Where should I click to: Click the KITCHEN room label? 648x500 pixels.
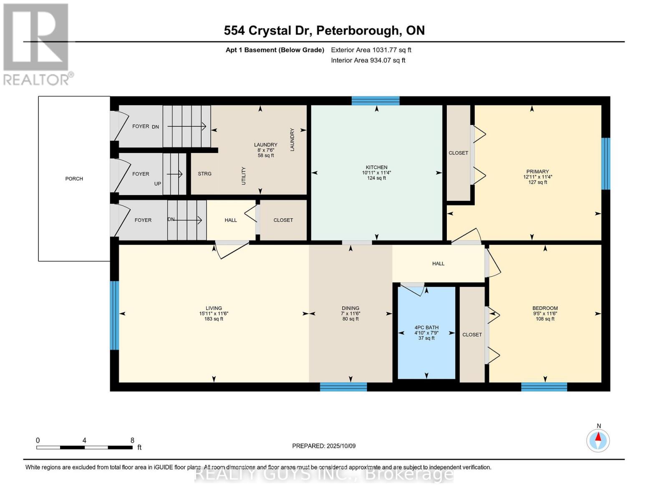coord(376,167)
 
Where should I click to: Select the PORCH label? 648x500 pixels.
coord(74,179)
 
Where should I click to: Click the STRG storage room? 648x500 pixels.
coord(204,174)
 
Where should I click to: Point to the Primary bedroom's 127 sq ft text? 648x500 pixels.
coord(537,182)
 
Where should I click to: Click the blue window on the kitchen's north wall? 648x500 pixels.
coord(376,100)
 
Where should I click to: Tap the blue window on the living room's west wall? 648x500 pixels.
coord(114,315)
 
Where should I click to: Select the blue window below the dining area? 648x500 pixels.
coord(343,387)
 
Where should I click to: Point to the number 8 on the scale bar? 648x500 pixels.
coord(132,440)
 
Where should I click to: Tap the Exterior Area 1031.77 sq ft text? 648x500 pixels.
coord(371,50)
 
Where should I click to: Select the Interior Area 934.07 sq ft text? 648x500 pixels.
coord(368,60)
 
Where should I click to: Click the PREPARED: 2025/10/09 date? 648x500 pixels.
coord(324,446)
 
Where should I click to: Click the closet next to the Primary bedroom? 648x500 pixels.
coord(458,153)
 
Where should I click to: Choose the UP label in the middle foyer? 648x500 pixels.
coord(158,184)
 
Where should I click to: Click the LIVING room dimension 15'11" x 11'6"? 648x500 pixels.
coord(214,314)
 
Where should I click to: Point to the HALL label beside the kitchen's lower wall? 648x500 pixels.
coord(438,263)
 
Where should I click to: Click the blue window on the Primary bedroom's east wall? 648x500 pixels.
coord(605,164)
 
